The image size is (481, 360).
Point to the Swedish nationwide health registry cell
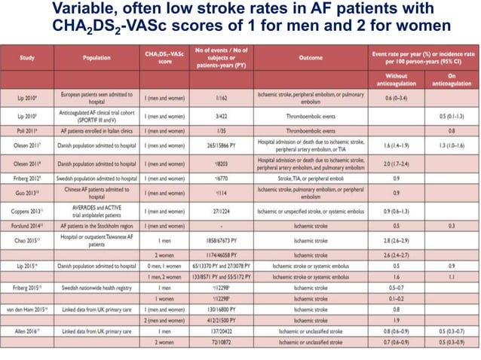[x=97, y=288]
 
